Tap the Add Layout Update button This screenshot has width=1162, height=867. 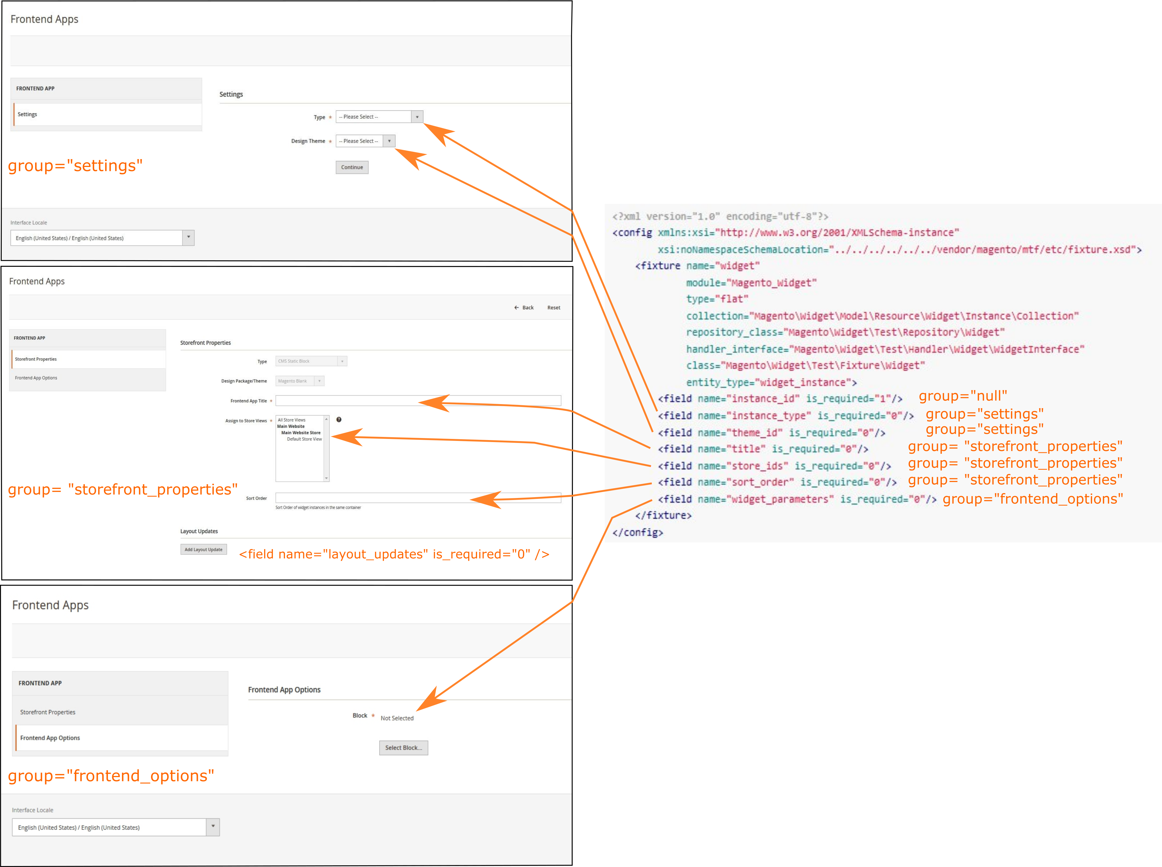(x=203, y=549)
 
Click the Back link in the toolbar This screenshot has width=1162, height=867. (x=524, y=308)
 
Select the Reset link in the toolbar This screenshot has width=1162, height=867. (x=553, y=308)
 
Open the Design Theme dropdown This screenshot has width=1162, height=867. (x=365, y=141)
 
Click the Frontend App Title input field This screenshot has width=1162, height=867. (x=418, y=400)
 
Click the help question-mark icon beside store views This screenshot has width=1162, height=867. (x=339, y=419)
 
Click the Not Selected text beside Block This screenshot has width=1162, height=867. (x=397, y=718)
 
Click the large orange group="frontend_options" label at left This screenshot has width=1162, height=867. (x=111, y=776)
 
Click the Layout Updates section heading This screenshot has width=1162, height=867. (x=199, y=531)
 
